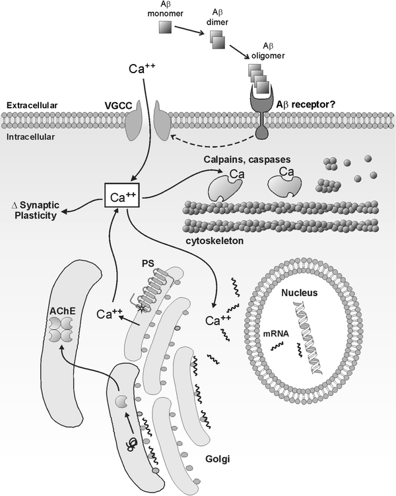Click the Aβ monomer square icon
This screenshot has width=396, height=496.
click(x=165, y=28)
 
